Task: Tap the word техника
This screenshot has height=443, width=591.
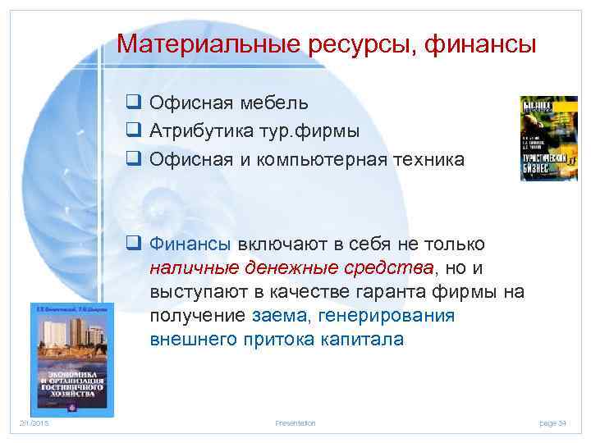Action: click(x=425, y=160)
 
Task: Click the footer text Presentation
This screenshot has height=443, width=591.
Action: click(x=295, y=422)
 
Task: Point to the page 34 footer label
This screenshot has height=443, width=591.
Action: click(x=552, y=422)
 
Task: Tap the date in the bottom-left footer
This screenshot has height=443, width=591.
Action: click(x=35, y=422)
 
